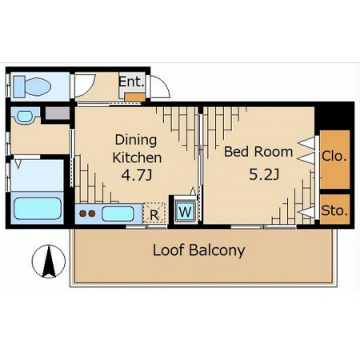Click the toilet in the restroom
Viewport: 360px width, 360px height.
[32, 86]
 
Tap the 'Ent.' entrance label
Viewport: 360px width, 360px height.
[131, 82]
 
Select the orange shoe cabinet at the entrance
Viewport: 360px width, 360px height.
[135, 97]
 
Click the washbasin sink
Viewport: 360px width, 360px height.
[25, 116]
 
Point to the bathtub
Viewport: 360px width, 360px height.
[38, 209]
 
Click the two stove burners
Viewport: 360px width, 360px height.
[87, 214]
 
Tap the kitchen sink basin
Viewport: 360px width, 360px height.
[118, 214]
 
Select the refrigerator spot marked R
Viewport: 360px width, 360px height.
[154, 213]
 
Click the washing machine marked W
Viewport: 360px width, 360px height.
[186, 212]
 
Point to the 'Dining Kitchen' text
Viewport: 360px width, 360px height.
[137, 149]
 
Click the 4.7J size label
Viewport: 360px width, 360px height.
[137, 175]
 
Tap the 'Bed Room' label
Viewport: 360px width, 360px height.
[258, 152]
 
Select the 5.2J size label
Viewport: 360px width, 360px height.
[264, 174]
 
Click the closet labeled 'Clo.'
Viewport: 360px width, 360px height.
[334, 159]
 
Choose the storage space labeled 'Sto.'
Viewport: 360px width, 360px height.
[334, 210]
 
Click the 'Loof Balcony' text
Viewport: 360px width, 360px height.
[199, 250]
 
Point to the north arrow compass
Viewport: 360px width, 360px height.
[49, 262]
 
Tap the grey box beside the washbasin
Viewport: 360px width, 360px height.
[58, 113]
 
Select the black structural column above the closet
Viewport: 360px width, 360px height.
[334, 116]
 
